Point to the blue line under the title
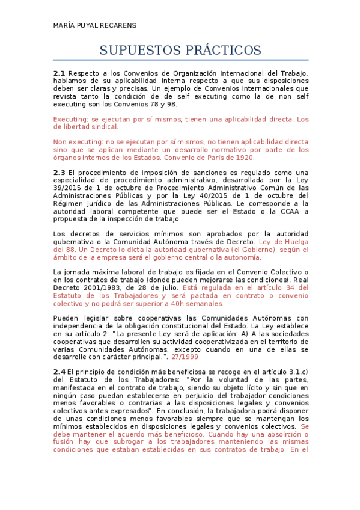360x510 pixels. [180, 60]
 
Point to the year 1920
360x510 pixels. [243, 158]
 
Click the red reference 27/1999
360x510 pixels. [185, 357]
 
